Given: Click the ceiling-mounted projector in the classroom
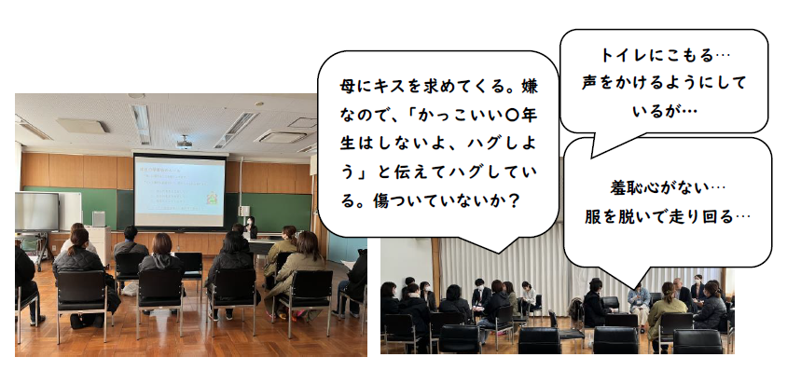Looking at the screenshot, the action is click(185, 142).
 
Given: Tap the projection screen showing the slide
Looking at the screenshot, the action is click(180, 191).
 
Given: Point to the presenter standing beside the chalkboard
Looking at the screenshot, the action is click(251, 227).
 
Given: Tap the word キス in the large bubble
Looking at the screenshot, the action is click(385, 87).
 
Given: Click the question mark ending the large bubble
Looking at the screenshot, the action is click(513, 202).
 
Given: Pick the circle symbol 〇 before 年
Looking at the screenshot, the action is click(513, 116).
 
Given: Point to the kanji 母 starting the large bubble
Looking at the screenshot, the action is click(347, 87).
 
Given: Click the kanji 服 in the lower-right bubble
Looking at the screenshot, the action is click(592, 217).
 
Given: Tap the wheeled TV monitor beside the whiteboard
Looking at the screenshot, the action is click(36, 213).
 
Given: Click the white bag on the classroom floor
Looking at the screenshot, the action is click(130, 289).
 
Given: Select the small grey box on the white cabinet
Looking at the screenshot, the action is click(99, 219).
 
